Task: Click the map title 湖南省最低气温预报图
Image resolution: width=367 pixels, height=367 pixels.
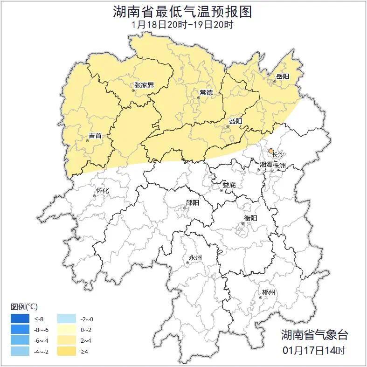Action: point(183,11)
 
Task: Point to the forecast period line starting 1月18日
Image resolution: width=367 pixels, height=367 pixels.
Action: point(183,24)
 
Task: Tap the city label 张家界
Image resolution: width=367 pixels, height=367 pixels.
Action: point(144,85)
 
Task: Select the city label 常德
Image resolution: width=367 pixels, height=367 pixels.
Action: point(206,92)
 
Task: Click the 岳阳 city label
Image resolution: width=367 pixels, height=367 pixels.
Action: point(283,77)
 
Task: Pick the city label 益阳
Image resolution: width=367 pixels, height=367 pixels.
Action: point(235,121)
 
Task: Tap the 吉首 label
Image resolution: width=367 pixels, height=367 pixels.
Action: point(95,136)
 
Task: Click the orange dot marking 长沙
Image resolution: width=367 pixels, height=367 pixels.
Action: point(271,150)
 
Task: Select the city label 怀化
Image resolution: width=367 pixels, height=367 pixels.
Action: point(102,191)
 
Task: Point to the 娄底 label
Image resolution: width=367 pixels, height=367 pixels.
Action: point(229,185)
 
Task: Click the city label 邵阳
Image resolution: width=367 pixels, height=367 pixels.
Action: point(192,202)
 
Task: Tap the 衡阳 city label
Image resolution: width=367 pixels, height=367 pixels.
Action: point(250,218)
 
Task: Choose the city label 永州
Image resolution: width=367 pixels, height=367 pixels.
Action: point(195,257)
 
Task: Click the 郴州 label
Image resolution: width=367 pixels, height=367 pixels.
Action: point(268,292)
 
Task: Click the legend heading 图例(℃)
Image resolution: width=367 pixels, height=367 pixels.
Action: point(25,306)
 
